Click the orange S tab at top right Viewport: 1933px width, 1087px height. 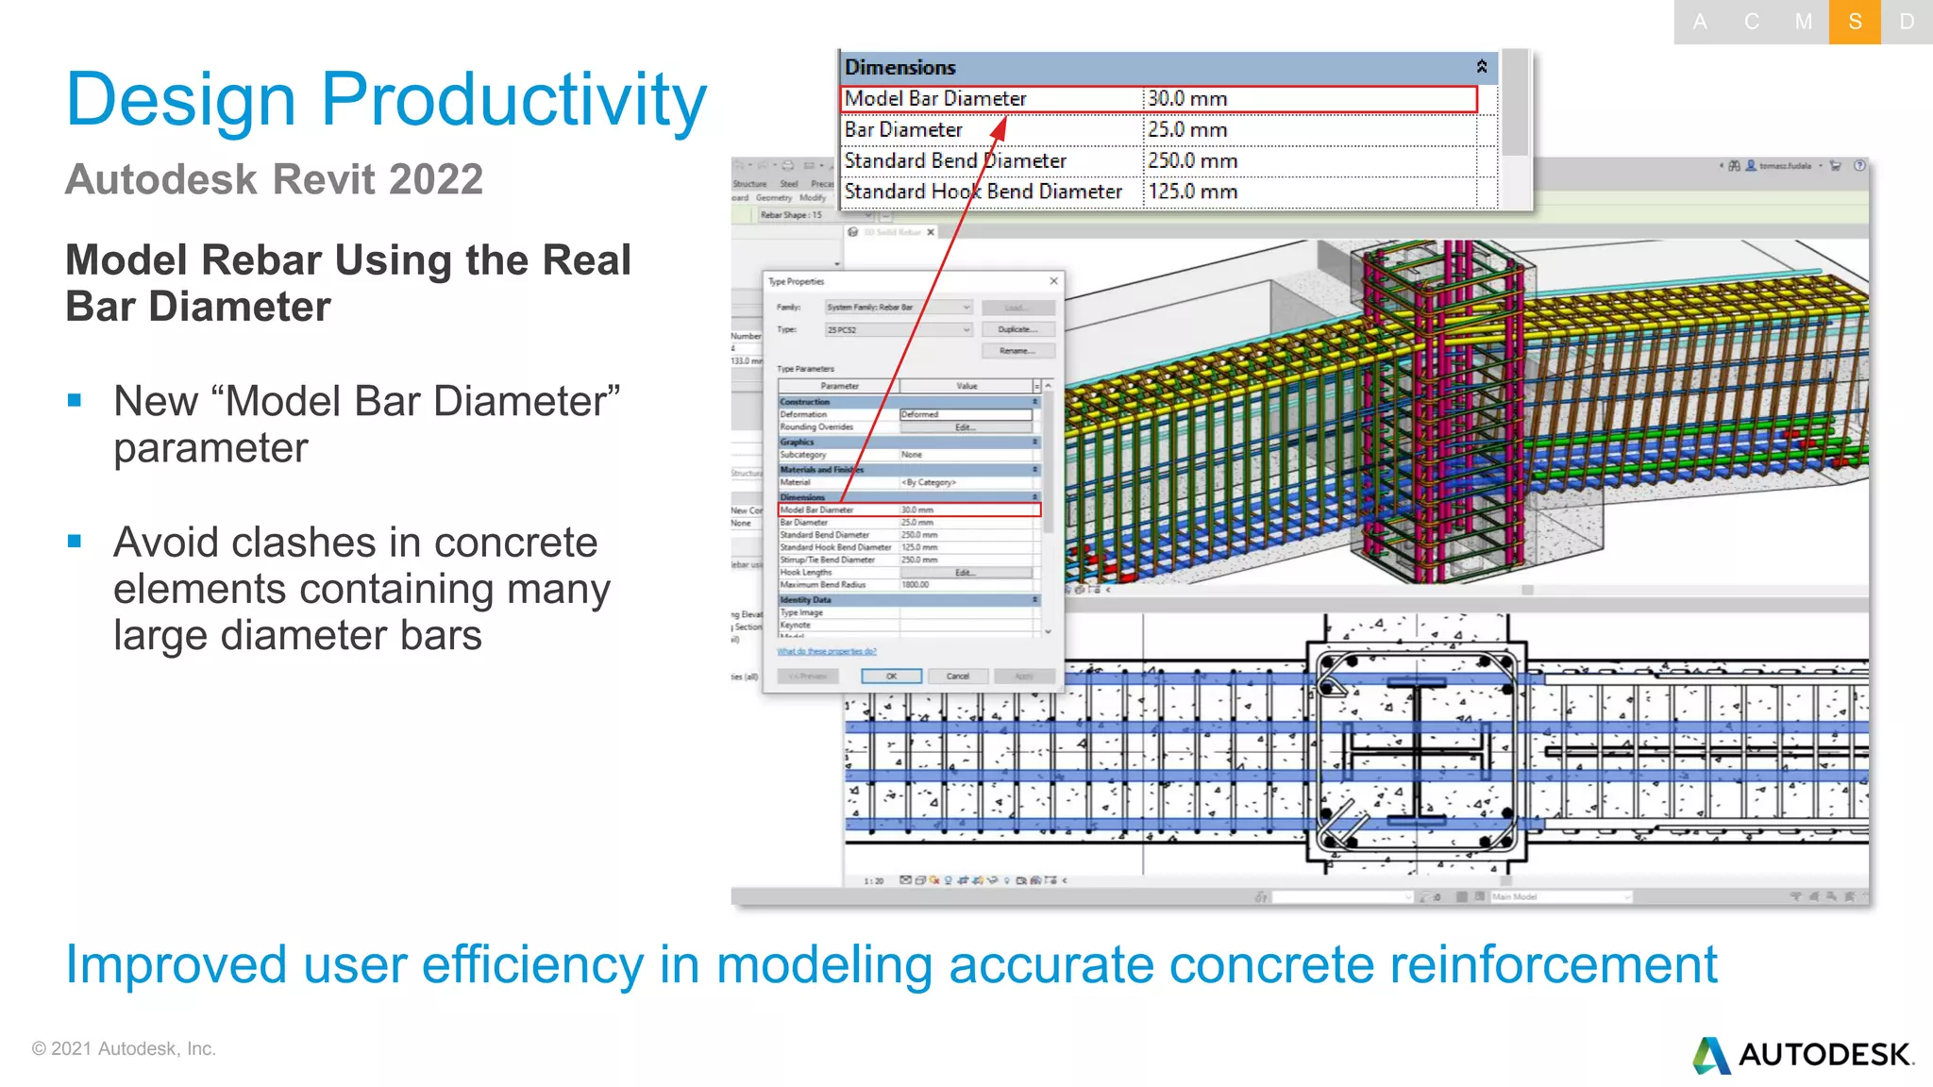[x=1855, y=22]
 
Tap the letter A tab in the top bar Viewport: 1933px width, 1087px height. [x=1700, y=22]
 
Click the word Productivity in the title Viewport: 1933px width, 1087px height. [x=513, y=99]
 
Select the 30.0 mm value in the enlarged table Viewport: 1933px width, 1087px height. [x=1187, y=98]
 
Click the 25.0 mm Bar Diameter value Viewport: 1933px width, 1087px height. [x=1187, y=129]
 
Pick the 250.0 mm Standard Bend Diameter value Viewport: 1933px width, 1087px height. [x=1192, y=160]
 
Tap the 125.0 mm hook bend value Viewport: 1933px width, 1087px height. [x=1192, y=192]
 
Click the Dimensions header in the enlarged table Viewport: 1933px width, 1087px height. [x=900, y=67]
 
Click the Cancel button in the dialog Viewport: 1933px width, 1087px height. [x=957, y=676]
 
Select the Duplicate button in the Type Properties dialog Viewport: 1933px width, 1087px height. [x=1017, y=329]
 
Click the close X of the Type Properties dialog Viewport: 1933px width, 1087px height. [x=1053, y=281]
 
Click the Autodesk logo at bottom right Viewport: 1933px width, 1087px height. [x=1803, y=1054]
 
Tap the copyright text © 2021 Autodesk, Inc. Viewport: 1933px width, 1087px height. [x=124, y=1048]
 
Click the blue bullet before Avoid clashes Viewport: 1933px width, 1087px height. [x=75, y=542]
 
